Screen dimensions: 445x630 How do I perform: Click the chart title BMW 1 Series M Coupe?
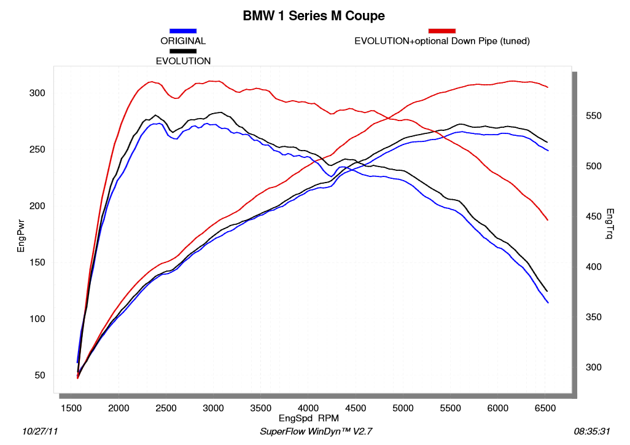pos(314,15)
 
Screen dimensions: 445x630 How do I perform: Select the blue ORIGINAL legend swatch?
pos(183,30)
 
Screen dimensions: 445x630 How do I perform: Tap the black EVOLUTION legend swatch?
pos(183,50)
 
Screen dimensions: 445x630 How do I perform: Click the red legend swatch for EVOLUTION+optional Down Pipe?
pos(442,30)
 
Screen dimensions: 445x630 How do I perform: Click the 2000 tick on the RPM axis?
pos(119,408)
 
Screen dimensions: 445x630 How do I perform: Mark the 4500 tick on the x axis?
pos(356,408)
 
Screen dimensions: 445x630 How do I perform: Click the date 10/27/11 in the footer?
pos(41,432)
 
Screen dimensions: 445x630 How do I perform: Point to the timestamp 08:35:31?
pos(591,432)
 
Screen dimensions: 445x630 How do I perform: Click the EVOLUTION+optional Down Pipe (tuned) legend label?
pos(442,41)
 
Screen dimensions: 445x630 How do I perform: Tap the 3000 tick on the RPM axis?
pos(213,408)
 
